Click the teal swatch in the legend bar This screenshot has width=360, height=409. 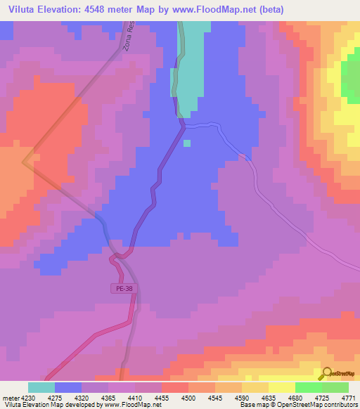pos(41,387)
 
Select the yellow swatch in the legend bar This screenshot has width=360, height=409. pos(281,387)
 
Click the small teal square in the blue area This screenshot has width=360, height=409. pos(187,143)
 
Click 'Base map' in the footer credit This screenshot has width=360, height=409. pos(252,405)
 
